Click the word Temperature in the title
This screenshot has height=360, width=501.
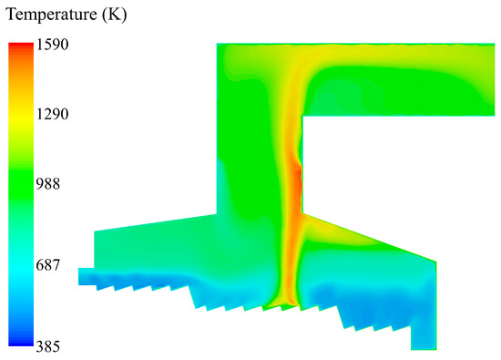pyautogui.click(x=51, y=15)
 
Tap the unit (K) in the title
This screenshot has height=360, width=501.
pyautogui.click(x=115, y=15)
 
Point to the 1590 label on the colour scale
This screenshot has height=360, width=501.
pyautogui.click(x=52, y=44)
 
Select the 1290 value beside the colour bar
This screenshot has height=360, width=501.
pyautogui.click(x=52, y=114)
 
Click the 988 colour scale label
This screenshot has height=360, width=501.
pyautogui.click(x=48, y=184)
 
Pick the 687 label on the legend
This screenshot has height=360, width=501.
pyautogui.click(x=48, y=265)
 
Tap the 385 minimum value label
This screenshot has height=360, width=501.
pyautogui.click(x=48, y=346)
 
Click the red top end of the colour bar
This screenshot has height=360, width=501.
pyautogui.click(x=21, y=46)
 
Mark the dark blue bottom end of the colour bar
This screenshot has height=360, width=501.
pyautogui.click(x=21, y=342)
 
